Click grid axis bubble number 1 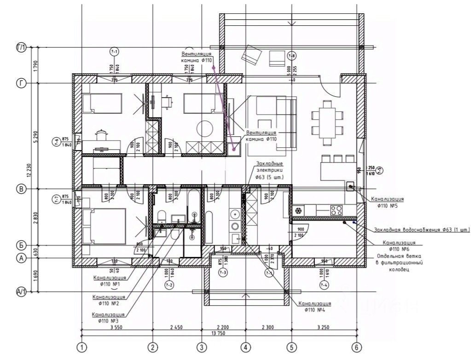click(82, 347)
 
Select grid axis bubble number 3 click(200, 347)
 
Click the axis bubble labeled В click(21, 189)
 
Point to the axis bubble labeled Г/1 click(21, 47)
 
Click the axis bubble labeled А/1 click(21, 291)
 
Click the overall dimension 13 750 click(218, 333)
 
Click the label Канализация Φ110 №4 click(315, 307)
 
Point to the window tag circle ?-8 click(291, 56)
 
